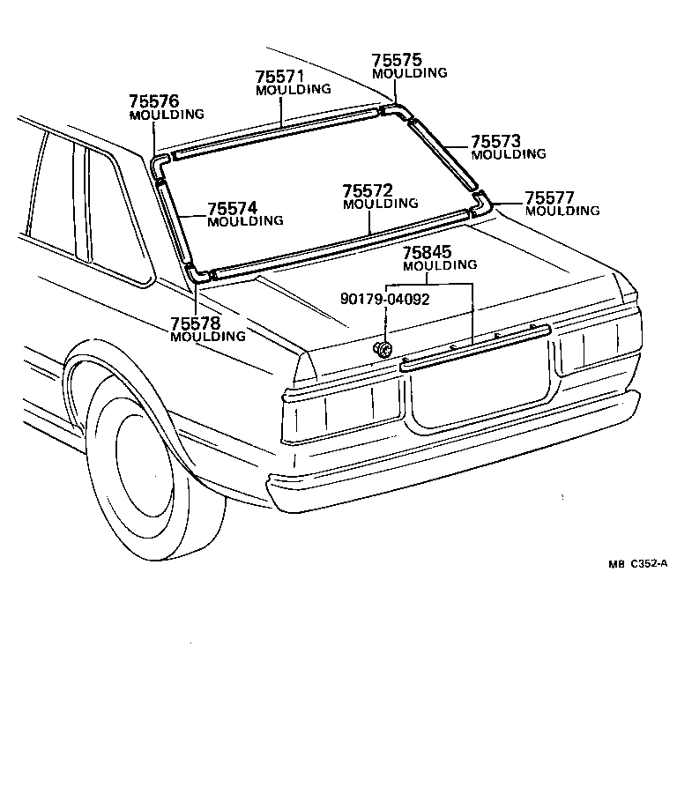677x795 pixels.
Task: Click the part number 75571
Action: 279,77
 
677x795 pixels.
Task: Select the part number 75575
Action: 396,61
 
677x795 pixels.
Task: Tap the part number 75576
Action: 153,101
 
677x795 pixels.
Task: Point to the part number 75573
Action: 495,141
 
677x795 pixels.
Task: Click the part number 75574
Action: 233,208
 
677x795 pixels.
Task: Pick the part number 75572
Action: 368,190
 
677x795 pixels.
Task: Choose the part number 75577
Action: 549,197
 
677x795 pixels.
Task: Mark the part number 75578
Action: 195,323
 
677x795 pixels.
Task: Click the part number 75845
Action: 428,252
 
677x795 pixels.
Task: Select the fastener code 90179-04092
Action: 384,299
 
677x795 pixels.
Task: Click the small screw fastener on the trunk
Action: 383,347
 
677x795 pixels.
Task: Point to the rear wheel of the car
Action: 150,467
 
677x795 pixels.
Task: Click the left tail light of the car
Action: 339,411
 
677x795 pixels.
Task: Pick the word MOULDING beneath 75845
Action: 440,265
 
